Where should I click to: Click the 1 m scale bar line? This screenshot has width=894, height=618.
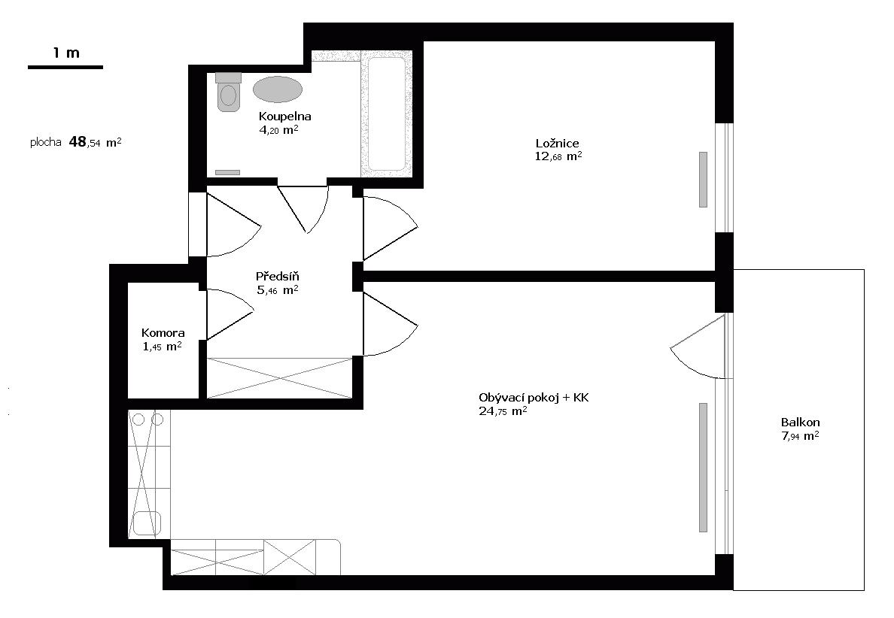click(x=65, y=68)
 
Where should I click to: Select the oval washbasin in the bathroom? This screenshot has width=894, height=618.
click(x=277, y=89)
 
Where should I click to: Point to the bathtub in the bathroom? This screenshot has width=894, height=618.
click(x=386, y=114)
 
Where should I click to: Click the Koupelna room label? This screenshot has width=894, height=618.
click(x=284, y=117)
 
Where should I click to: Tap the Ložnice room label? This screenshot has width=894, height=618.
click(x=557, y=143)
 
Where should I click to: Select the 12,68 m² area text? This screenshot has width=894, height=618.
click(x=558, y=156)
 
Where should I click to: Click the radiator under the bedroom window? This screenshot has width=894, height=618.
click(x=703, y=179)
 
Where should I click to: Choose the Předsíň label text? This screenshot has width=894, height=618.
click(x=278, y=276)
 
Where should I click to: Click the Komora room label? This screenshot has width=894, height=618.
click(x=163, y=333)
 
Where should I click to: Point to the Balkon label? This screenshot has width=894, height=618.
click(x=800, y=422)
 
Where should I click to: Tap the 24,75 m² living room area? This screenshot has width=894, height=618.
click(x=502, y=411)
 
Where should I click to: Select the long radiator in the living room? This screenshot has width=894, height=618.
click(x=703, y=467)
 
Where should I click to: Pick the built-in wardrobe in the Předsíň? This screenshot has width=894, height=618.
click(x=279, y=377)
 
